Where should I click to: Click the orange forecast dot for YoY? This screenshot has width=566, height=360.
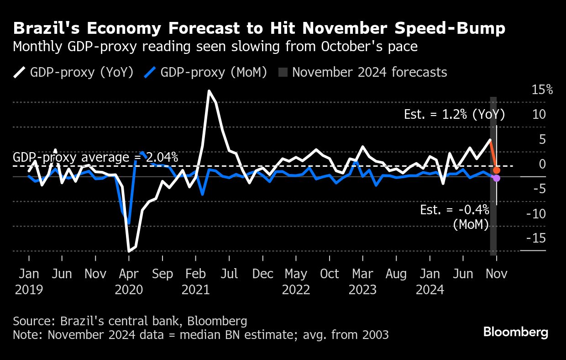497,170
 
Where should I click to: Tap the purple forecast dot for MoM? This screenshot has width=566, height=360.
497,178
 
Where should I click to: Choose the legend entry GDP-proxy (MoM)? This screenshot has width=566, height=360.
205,72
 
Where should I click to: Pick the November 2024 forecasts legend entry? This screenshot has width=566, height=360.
363,72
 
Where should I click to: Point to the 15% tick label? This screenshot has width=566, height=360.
542,90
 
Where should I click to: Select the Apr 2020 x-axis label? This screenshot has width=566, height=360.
129,281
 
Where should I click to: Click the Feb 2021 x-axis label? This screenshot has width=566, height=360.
196,281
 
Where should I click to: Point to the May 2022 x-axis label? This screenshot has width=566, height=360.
296,281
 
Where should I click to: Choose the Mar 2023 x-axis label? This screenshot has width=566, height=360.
363,281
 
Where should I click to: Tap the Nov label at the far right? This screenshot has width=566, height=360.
496,274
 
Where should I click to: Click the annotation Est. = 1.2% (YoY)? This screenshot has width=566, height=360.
454,114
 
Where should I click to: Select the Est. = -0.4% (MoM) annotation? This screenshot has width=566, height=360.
455,217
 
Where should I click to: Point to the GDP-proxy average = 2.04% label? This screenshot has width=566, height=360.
95,158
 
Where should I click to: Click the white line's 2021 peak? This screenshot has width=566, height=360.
209,91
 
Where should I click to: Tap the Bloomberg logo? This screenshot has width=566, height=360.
516,332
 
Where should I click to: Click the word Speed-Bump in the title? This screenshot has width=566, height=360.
447,29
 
